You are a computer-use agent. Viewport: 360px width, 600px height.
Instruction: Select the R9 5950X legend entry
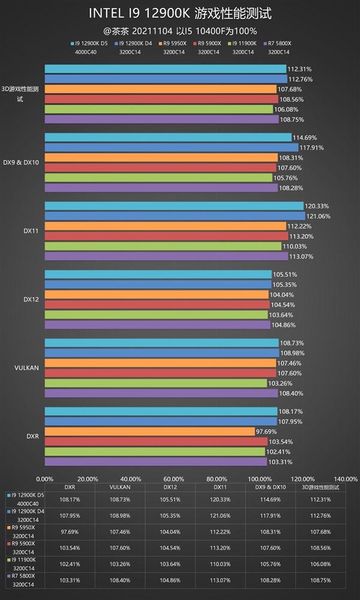point(174,43)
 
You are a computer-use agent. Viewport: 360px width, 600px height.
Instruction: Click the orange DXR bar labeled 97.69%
point(150,431)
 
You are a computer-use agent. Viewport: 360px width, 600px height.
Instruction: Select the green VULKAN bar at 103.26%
point(156,383)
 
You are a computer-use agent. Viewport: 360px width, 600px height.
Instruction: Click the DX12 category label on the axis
point(31,299)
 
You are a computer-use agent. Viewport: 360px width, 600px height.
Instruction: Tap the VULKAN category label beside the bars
point(28,367)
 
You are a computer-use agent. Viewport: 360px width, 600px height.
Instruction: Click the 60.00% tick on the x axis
point(173,479)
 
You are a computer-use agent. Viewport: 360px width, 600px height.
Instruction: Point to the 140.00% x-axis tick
point(345,479)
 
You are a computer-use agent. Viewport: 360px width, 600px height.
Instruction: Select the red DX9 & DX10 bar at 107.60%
point(160,167)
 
